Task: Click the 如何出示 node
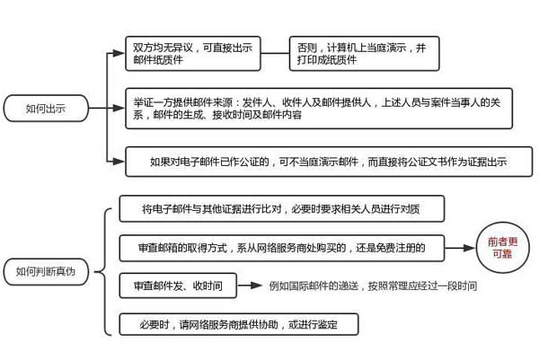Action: tap(46, 109)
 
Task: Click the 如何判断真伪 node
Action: tap(51, 270)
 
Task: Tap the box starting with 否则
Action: tap(363, 52)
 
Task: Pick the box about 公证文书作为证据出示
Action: tap(322, 162)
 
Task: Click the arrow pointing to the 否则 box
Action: tap(274, 52)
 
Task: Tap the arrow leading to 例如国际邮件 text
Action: tap(253, 285)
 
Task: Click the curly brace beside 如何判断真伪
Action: tap(106, 269)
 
